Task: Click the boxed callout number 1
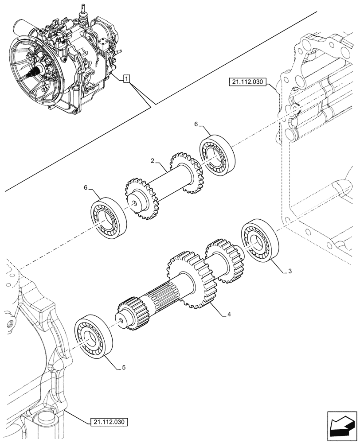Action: pyautogui.click(x=127, y=79)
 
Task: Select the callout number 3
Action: pyautogui.click(x=290, y=271)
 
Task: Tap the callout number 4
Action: pyautogui.click(x=229, y=314)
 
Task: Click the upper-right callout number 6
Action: pyautogui.click(x=196, y=125)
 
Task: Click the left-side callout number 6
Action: pyautogui.click(x=86, y=188)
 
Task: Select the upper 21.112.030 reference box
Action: pyautogui.click(x=247, y=82)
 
